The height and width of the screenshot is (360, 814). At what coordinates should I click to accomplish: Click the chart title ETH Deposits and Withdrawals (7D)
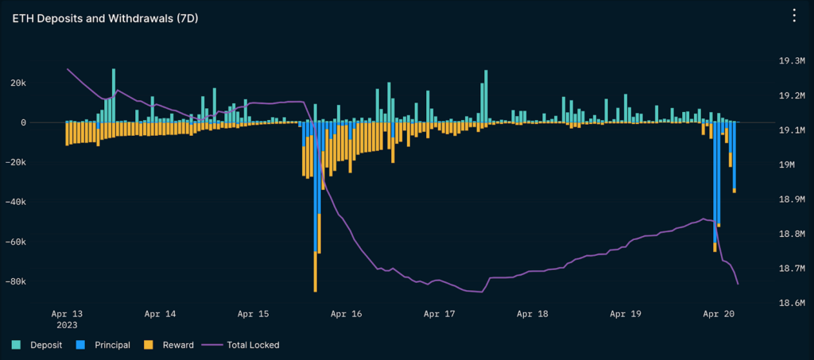(x=105, y=17)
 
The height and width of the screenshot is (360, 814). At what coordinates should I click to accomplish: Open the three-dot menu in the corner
(x=793, y=16)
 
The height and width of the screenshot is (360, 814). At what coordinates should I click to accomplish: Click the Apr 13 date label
(x=73, y=314)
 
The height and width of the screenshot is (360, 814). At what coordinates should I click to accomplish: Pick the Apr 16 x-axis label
(x=347, y=314)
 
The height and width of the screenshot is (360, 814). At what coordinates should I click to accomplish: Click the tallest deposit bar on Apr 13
(x=114, y=95)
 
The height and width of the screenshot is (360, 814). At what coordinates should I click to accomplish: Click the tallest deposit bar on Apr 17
(x=486, y=96)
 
